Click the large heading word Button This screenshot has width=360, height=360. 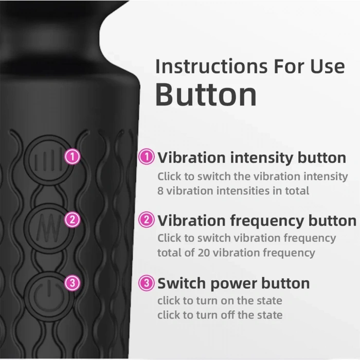tap(206, 94)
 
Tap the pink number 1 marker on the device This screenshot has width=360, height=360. tap(73, 157)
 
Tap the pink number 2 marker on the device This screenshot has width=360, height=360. tap(73, 220)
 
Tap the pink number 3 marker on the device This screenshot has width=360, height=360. tap(73, 283)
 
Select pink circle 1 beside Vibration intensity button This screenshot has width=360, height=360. tap(147, 157)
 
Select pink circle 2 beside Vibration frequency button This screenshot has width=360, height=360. tap(147, 220)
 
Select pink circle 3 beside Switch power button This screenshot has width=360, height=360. tap(147, 283)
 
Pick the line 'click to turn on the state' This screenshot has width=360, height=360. tap(220, 300)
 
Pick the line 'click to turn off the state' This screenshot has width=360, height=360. tap(220, 314)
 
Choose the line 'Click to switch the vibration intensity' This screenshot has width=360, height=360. tap(253, 176)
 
